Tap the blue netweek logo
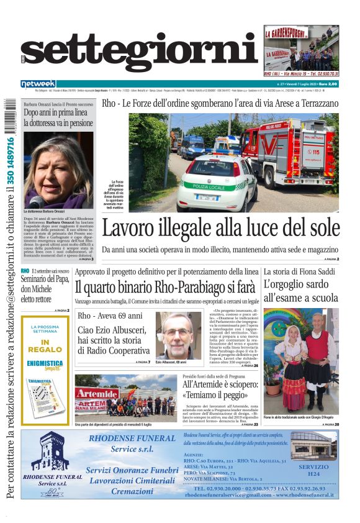pyautogui.click(x=38, y=83)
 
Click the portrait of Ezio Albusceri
pyautogui.click(x=178, y=335)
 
